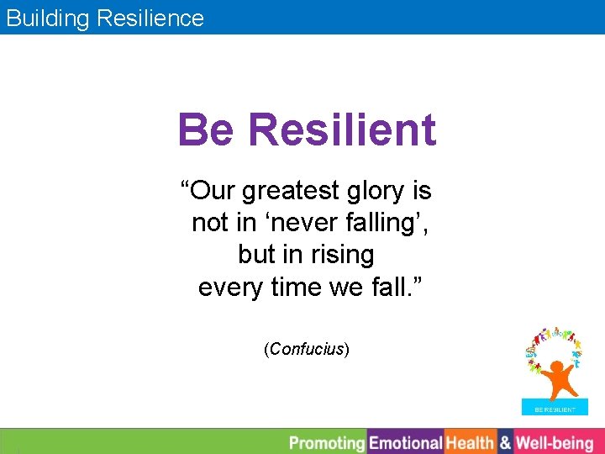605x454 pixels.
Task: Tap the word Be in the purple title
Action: point(207,130)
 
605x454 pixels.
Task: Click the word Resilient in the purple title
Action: point(342,130)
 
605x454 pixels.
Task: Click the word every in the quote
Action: point(230,287)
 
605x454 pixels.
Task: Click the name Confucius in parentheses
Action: point(307,349)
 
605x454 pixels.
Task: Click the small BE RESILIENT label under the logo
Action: point(555,409)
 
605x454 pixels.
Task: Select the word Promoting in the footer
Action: point(327,442)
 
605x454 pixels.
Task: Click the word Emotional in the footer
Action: point(406,442)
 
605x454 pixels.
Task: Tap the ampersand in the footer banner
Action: point(505,442)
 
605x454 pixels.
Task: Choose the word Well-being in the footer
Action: point(555,442)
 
